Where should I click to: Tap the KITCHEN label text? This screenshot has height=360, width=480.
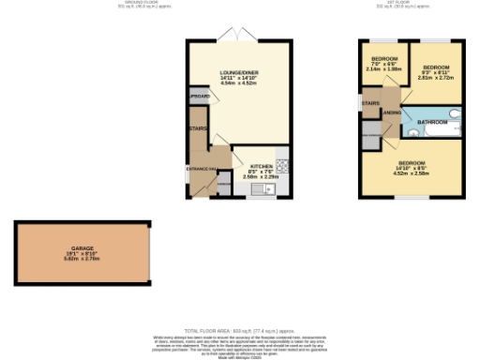pos(260,164)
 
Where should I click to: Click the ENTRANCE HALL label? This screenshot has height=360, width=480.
pos(202,168)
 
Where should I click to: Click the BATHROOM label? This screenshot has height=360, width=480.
pos(432,123)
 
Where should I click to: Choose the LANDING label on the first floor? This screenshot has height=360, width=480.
pos(391,112)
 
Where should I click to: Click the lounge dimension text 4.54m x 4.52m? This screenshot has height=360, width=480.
pos(239,84)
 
